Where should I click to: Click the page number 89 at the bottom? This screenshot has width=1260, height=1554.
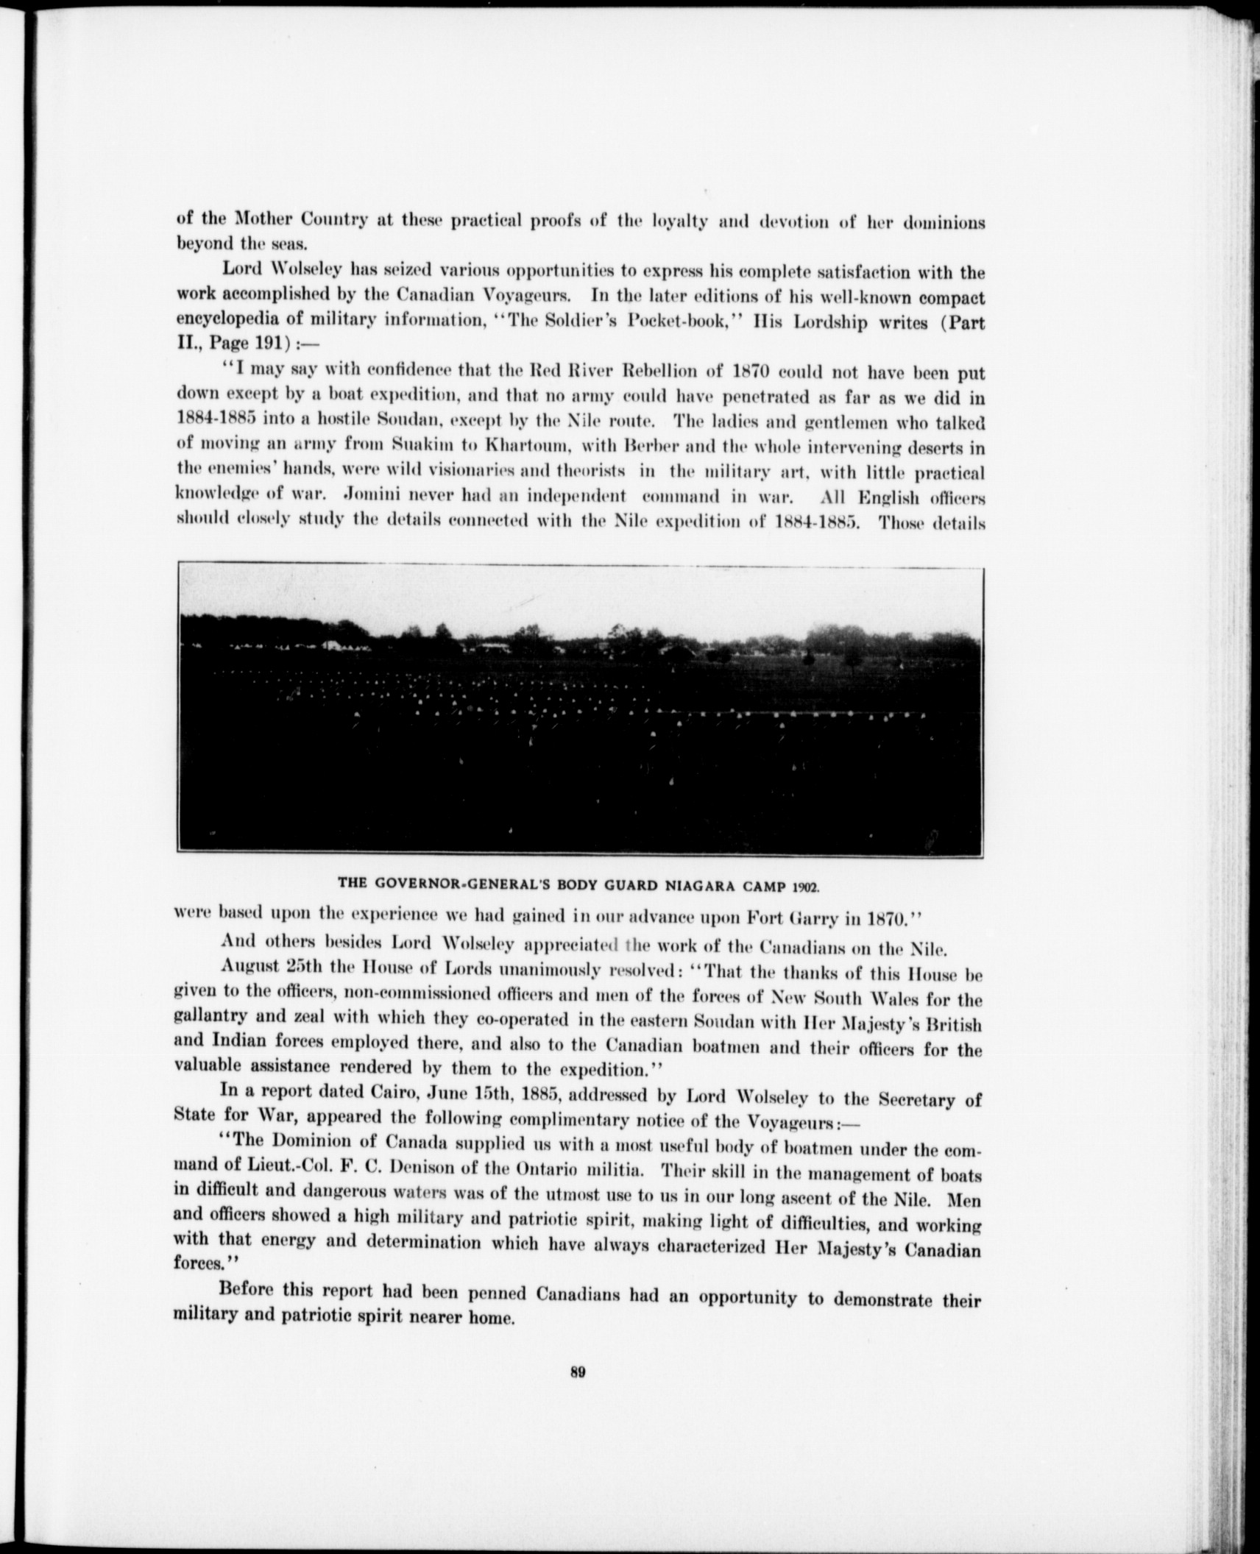pos(576,1371)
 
